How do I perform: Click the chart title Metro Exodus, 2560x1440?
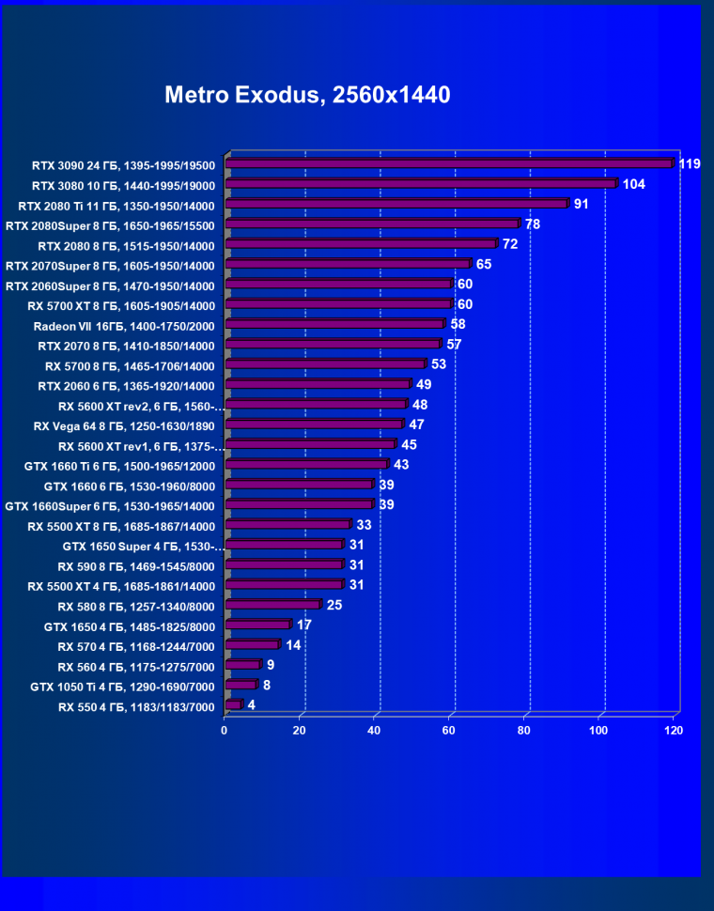click(x=307, y=95)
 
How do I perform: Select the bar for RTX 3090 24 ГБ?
click(x=449, y=163)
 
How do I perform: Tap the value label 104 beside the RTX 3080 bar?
click(x=633, y=184)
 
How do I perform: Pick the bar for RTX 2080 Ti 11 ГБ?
click(x=396, y=204)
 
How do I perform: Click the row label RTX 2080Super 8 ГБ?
click(x=110, y=225)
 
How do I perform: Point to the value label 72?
click(x=511, y=244)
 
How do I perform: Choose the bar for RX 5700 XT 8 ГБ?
click(x=338, y=304)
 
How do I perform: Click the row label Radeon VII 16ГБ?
click(x=124, y=326)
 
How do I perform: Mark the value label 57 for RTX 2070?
click(x=455, y=345)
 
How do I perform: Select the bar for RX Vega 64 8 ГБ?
click(x=314, y=425)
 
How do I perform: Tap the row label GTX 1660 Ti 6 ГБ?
click(x=119, y=466)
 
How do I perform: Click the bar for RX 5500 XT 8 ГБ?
click(x=287, y=524)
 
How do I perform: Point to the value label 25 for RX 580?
click(x=334, y=604)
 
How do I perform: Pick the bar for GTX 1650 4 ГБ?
click(x=258, y=625)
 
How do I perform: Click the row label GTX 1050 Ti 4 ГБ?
click(x=123, y=687)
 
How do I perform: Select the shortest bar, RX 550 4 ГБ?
click(x=233, y=704)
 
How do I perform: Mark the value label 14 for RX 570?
click(x=293, y=645)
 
